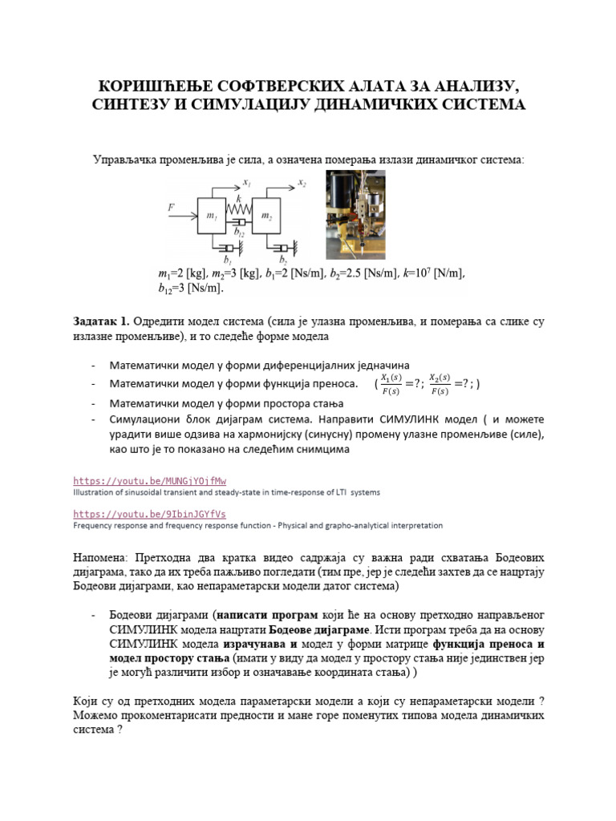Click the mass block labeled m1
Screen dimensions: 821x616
213,216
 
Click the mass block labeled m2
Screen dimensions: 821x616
269,216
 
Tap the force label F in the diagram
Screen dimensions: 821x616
171,207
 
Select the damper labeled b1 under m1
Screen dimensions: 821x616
229,248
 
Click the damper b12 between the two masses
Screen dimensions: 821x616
240,221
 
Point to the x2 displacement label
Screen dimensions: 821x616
302,184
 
